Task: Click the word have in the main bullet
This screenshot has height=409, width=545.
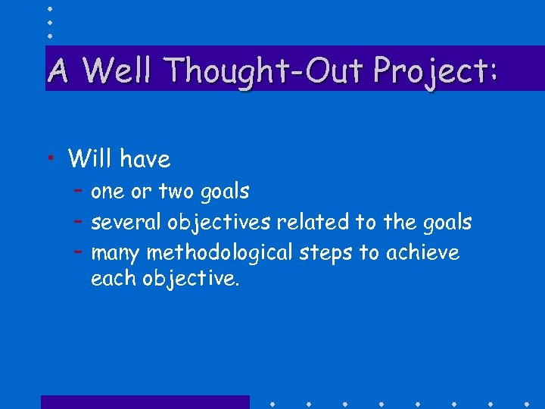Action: (145, 158)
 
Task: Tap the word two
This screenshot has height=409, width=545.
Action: (176, 192)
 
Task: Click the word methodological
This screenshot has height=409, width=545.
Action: (220, 252)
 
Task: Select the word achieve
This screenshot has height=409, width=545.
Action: (422, 252)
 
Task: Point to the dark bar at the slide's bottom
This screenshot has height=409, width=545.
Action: (145, 402)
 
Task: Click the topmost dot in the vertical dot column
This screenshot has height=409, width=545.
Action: (50, 8)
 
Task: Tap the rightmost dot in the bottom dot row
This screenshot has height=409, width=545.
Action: (526, 402)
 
